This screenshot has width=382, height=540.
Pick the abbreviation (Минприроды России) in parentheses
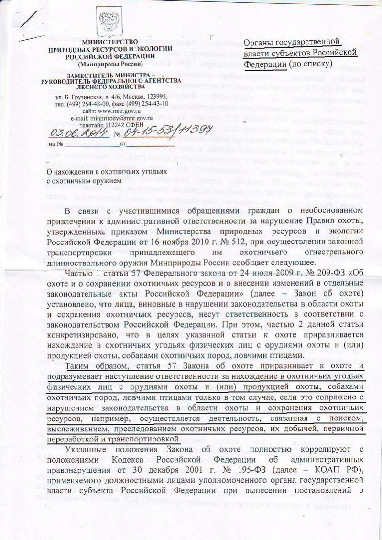click(x=110, y=63)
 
